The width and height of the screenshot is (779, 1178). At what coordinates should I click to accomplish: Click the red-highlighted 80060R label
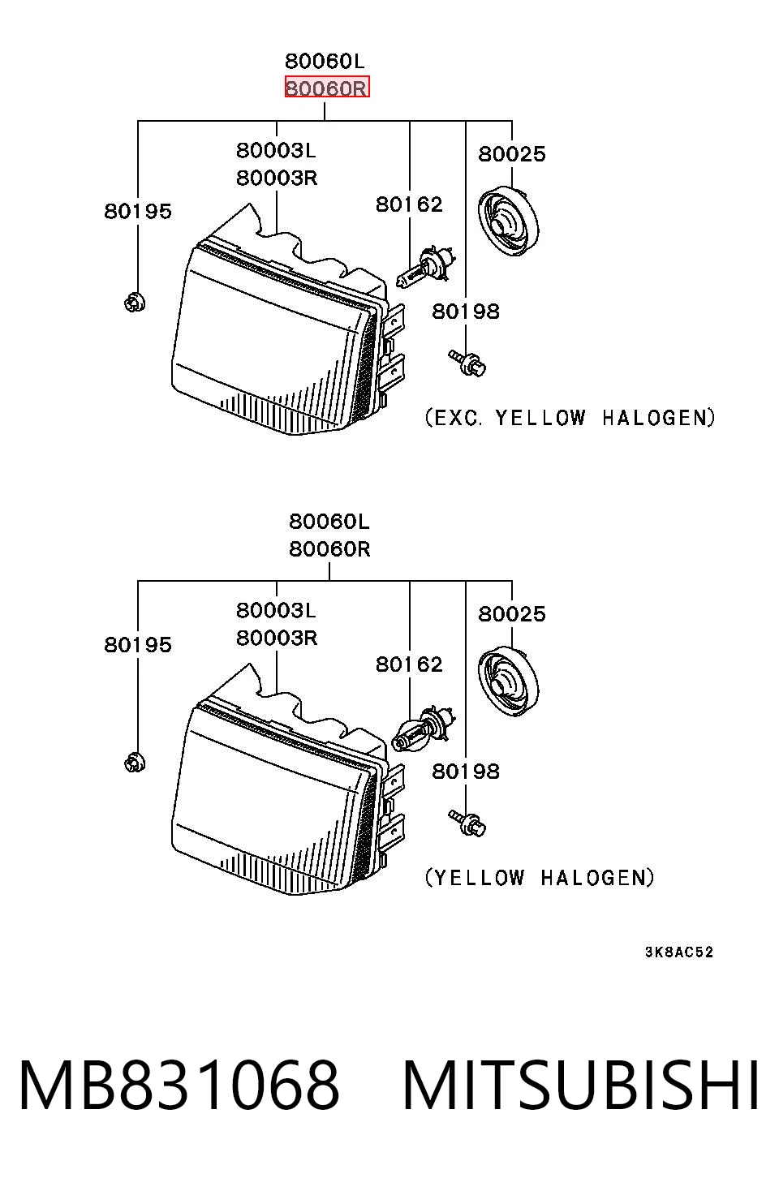(x=327, y=88)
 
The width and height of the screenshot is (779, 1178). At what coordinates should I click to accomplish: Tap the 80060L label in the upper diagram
(x=325, y=62)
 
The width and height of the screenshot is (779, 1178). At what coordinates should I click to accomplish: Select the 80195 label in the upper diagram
(x=138, y=212)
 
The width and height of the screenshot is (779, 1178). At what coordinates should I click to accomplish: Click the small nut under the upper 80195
(x=135, y=303)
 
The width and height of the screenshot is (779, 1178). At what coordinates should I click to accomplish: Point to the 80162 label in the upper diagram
(x=409, y=204)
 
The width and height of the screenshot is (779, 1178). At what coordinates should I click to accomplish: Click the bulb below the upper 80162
(x=425, y=268)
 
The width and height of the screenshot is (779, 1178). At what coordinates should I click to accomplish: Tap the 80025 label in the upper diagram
(x=512, y=154)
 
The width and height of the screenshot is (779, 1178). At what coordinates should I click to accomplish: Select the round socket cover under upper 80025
(x=509, y=221)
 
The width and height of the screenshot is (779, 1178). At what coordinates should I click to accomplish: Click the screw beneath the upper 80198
(x=467, y=363)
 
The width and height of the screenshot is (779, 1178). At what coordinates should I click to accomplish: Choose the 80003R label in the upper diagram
(x=277, y=178)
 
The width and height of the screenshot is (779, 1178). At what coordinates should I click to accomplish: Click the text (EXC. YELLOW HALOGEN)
(x=570, y=418)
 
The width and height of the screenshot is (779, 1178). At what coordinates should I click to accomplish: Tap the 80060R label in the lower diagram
(x=329, y=549)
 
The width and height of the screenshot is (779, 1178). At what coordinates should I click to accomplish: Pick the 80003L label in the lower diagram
(x=276, y=611)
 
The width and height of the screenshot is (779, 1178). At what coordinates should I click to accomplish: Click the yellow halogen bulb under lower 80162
(x=424, y=729)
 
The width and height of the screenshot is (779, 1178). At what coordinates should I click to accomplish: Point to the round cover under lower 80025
(x=509, y=681)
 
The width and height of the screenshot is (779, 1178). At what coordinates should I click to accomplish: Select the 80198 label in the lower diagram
(x=466, y=772)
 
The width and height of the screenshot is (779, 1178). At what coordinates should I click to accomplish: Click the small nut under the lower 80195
(x=135, y=763)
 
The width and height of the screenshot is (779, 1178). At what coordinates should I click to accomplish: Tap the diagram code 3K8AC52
(x=679, y=952)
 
